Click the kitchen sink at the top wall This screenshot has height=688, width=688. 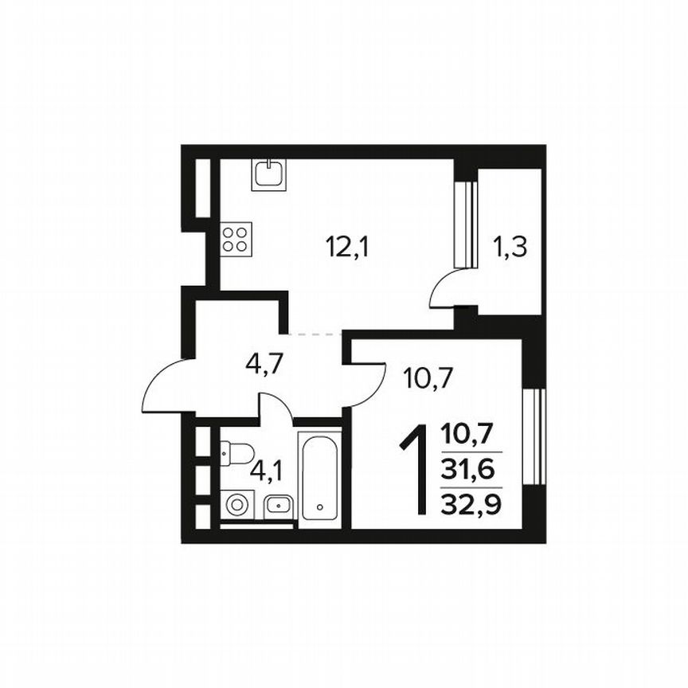tap(269, 174)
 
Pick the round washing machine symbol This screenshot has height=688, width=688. tap(236, 504)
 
